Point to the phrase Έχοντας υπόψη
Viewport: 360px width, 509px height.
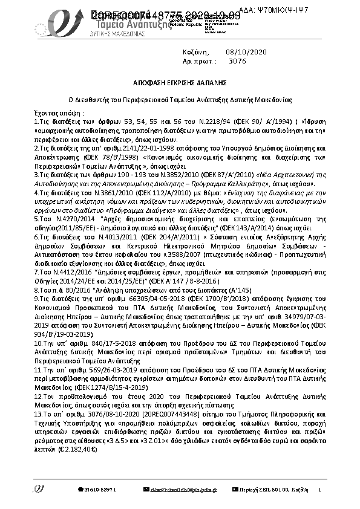point(60,113)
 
